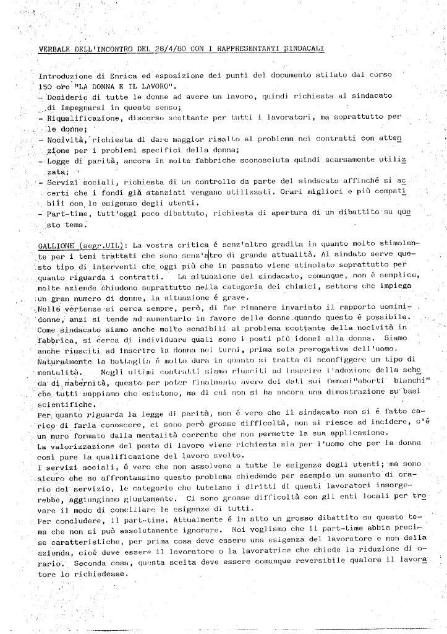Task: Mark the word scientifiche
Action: tap(61, 397)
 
